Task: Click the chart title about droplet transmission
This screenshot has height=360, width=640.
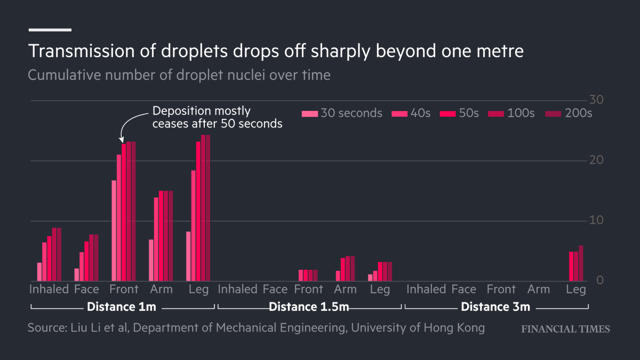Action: pyautogui.click(x=276, y=51)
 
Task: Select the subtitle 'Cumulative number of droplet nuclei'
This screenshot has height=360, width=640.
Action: pyautogui.click(x=179, y=75)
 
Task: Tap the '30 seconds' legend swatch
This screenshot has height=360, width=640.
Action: pyautogui.click(x=309, y=114)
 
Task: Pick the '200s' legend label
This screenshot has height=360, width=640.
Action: pyautogui.click(x=579, y=114)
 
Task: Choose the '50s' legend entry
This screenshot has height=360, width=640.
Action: pyautogui.click(x=469, y=114)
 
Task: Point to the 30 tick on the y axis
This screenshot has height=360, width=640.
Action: pyautogui.click(x=596, y=100)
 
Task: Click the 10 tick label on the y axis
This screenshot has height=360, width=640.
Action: pyautogui.click(x=596, y=221)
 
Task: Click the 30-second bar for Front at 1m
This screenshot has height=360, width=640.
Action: pyautogui.click(x=114, y=230)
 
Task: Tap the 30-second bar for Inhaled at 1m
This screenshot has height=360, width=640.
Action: pyautogui.click(x=39, y=271)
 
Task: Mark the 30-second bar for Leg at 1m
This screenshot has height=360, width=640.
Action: pyautogui.click(x=188, y=256)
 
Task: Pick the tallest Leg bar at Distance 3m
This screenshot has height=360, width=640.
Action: pyautogui.click(x=581, y=263)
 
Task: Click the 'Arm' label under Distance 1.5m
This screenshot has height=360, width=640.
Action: pyautogui.click(x=345, y=290)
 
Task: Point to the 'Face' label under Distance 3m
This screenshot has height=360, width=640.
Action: pyautogui.click(x=463, y=290)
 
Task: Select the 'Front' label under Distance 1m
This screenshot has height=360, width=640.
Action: pyautogui.click(x=124, y=290)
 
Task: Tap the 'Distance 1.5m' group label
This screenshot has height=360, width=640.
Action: pyautogui.click(x=309, y=307)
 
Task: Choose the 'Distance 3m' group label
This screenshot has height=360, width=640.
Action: pyautogui.click(x=495, y=307)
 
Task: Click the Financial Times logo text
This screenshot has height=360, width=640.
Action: pyautogui.click(x=565, y=329)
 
